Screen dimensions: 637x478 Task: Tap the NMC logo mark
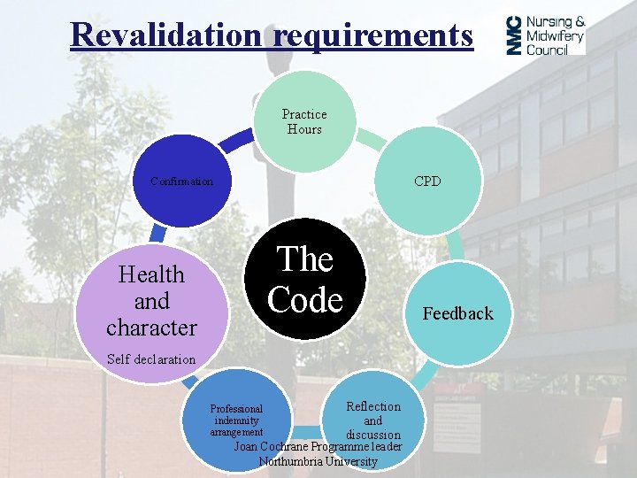[x=514, y=36]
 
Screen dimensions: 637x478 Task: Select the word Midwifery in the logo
[x=556, y=36]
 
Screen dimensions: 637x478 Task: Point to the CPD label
[x=427, y=181]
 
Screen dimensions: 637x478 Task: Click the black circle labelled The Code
[x=305, y=279]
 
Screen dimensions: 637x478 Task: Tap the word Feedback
[x=457, y=313]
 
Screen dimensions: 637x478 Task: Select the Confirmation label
[x=181, y=181]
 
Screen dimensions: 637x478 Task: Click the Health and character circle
[x=150, y=301]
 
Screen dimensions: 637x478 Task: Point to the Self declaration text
[x=150, y=359]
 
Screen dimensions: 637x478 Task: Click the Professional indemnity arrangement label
[x=236, y=420]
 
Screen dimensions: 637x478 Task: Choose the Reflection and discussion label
[x=372, y=420]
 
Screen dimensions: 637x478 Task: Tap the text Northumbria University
[x=318, y=461]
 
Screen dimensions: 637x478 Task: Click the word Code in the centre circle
[x=305, y=300]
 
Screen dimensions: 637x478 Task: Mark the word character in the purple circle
[x=151, y=328]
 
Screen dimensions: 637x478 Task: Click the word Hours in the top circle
[x=304, y=129]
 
